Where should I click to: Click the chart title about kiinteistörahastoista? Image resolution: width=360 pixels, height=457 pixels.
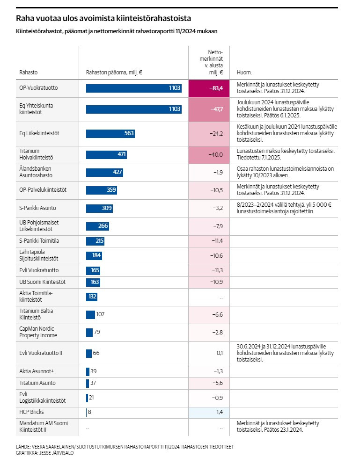pos(103,18)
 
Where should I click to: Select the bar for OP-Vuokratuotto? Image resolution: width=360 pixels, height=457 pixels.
pos(133,88)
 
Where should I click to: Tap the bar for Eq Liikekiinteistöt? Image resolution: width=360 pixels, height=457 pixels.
pos(110,133)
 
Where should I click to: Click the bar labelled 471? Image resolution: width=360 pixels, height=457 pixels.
pos(106,154)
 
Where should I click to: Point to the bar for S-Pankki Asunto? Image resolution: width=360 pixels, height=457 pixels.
pos(99,208)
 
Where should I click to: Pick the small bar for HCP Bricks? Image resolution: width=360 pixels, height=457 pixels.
pos(86,412)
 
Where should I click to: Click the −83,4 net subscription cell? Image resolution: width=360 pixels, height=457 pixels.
pos(209,88)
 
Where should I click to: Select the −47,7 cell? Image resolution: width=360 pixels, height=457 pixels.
pos(209,109)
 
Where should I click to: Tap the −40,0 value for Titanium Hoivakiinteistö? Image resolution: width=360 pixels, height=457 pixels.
pos(216,155)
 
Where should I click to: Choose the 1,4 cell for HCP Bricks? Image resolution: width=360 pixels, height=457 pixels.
pos(209,412)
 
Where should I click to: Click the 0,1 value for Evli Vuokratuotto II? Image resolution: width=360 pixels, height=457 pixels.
pos(220,353)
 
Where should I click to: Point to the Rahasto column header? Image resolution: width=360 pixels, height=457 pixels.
pos(28,73)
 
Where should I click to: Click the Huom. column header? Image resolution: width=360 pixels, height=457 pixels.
pos(244,73)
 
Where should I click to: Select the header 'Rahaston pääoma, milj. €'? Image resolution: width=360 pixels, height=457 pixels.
pos(114,73)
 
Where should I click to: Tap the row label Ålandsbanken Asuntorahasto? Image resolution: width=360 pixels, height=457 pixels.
pos(36,172)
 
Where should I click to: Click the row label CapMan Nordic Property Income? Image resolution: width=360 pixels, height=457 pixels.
pos(38,332)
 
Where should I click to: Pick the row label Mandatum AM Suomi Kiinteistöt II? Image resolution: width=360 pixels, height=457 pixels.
pos(44,427)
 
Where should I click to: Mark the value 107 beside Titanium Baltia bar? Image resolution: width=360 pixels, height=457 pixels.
pos(100,314)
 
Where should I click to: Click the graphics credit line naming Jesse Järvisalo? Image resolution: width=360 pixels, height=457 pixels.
pos(44,453)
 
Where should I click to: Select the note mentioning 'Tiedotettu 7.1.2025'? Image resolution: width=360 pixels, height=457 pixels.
pos(286,154)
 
